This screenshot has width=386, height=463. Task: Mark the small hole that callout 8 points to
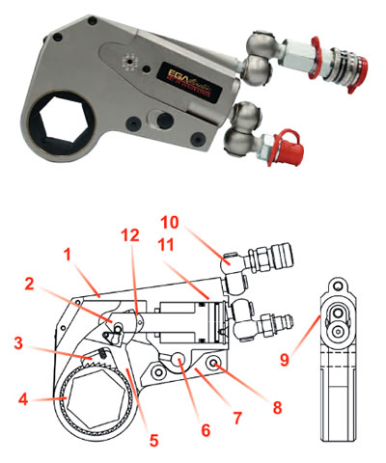coord(215,368)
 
